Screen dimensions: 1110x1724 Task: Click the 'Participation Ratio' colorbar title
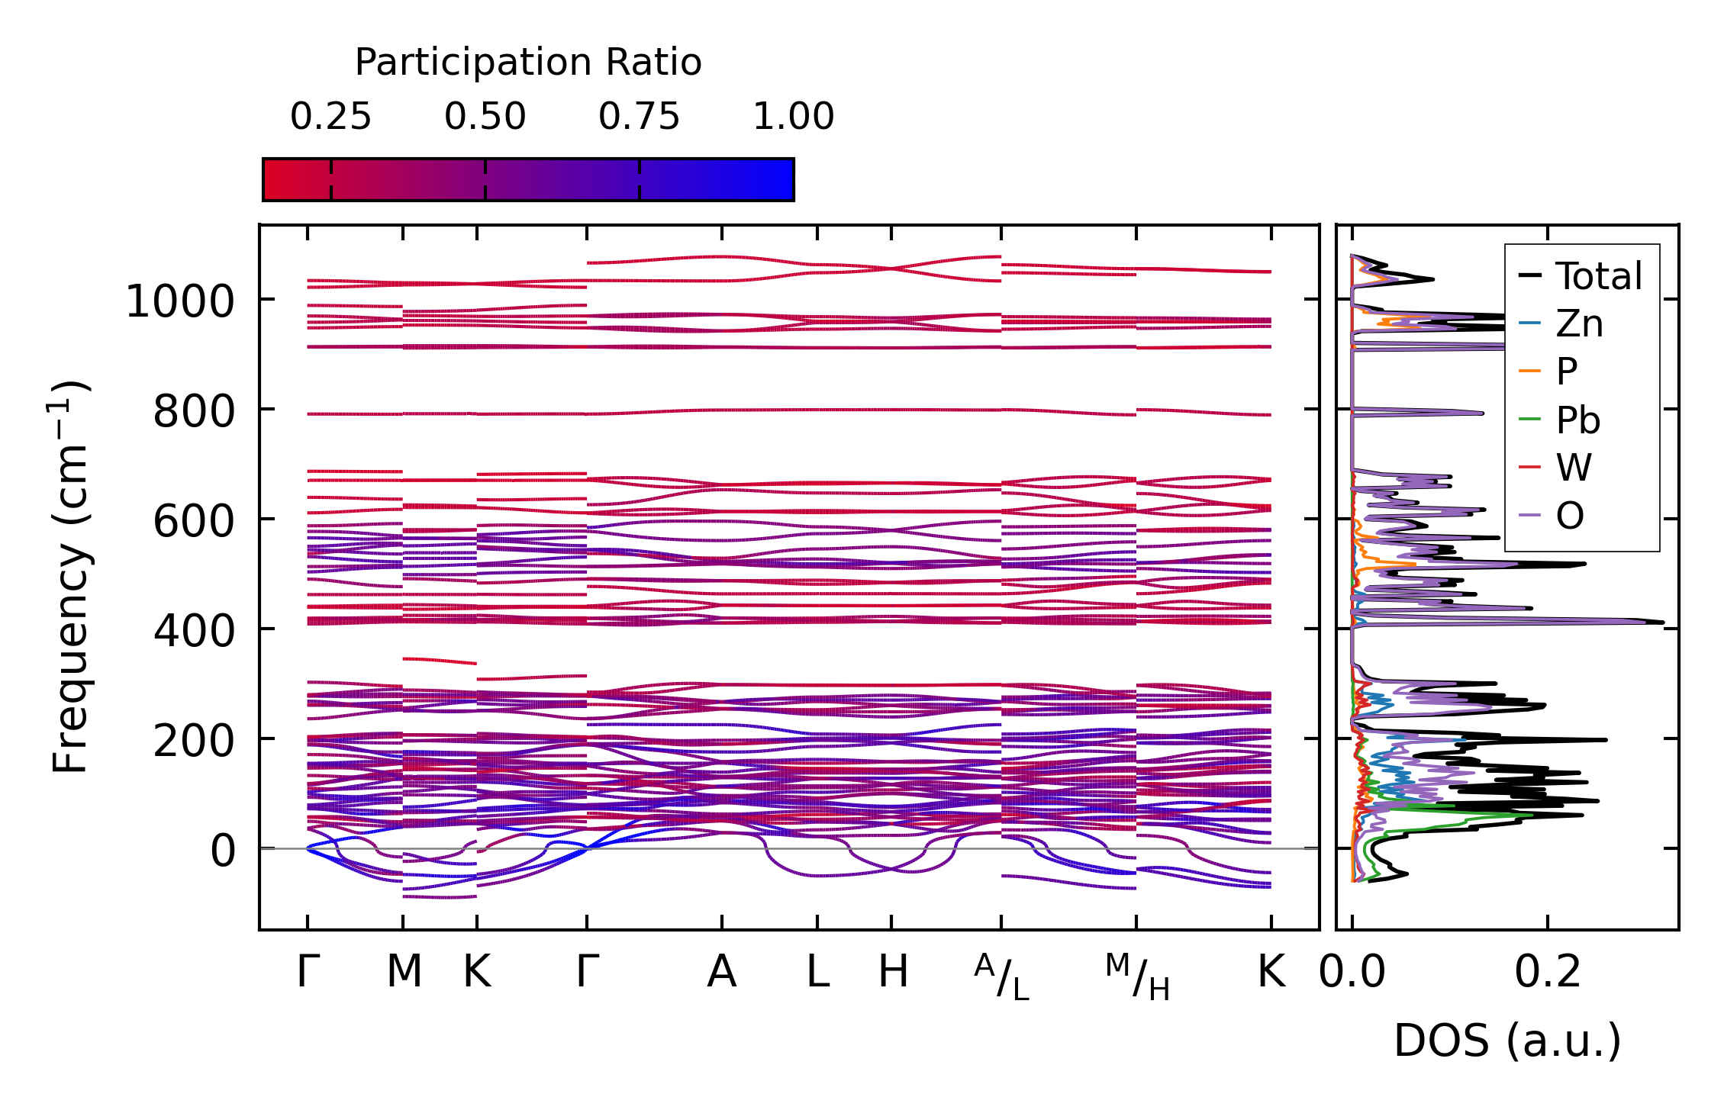coord(527,63)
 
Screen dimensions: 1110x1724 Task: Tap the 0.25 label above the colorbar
coord(330,117)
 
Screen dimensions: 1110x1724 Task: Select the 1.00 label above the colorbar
coord(793,117)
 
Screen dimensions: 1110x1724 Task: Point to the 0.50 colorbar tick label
coord(485,117)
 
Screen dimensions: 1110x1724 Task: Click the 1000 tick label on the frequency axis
coord(180,301)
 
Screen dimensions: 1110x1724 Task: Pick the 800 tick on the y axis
coord(194,413)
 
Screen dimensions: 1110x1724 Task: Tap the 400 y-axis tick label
coord(194,631)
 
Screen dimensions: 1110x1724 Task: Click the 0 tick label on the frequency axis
coord(223,851)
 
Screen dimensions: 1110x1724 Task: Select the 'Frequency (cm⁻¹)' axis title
coord(71,577)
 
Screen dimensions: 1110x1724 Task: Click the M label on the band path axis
coord(403,972)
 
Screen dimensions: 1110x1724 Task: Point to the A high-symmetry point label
coord(721,972)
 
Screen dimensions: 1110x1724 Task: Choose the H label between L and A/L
coord(892,972)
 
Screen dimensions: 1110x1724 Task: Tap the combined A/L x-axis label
coord(1001,977)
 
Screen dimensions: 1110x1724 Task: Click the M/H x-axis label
coord(1136,977)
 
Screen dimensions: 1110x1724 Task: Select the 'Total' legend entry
coord(1598,276)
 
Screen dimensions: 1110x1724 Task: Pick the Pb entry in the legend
coord(1577,420)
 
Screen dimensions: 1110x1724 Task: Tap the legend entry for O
coord(1570,516)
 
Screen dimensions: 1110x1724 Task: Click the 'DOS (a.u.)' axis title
coord(1507,1041)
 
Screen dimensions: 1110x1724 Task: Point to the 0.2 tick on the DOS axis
coord(1547,972)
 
